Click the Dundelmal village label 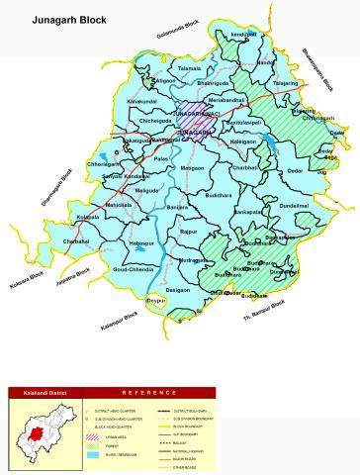pos(294,206)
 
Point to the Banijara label pos(177,208)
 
